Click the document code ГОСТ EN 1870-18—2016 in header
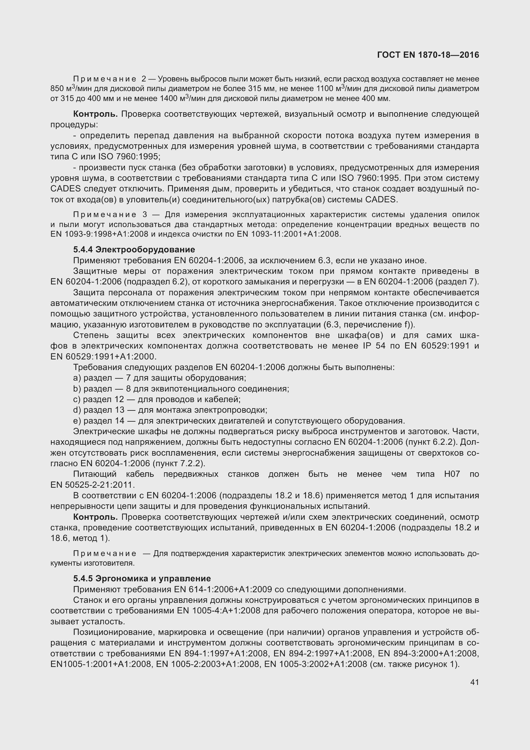tap(428, 55)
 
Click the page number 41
tap(475, 682)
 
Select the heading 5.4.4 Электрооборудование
tap(134, 249)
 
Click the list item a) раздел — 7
tap(159, 378)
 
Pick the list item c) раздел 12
tap(157, 399)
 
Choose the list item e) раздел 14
tap(239, 421)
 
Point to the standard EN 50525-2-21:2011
tap(92, 485)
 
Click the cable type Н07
tap(452, 474)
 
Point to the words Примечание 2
tap(110, 79)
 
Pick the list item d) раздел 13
tap(170, 410)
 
